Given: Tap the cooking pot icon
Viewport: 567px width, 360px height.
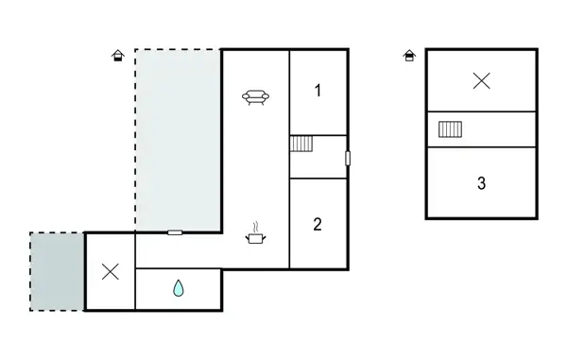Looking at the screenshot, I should coord(255,234).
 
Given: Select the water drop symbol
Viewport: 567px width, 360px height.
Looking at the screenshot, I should coord(179,289).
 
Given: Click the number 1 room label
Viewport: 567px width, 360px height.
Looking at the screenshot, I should coord(318,91).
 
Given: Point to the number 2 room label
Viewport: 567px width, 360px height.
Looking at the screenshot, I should coord(318,224).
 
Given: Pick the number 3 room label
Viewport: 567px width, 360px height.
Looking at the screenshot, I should coord(481,183).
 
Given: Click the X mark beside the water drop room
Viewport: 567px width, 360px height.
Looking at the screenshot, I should coord(111,272).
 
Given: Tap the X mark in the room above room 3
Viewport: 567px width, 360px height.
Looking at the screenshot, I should coord(481,81).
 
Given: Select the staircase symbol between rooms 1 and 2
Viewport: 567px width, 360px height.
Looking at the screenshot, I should coord(301,144).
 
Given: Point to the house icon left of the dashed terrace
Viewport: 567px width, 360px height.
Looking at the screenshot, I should coord(117,56).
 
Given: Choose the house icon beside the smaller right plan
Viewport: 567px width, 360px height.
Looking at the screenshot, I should coord(409,56).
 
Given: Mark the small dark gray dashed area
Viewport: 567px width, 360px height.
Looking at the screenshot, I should coord(57,271).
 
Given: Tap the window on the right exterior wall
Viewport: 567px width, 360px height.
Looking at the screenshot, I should coord(348,158).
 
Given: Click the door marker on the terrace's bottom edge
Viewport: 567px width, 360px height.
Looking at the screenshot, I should coord(175,231).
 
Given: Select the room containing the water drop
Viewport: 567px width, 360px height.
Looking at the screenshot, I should coord(179,289).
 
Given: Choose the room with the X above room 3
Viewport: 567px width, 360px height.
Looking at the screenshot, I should coord(481,81).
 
